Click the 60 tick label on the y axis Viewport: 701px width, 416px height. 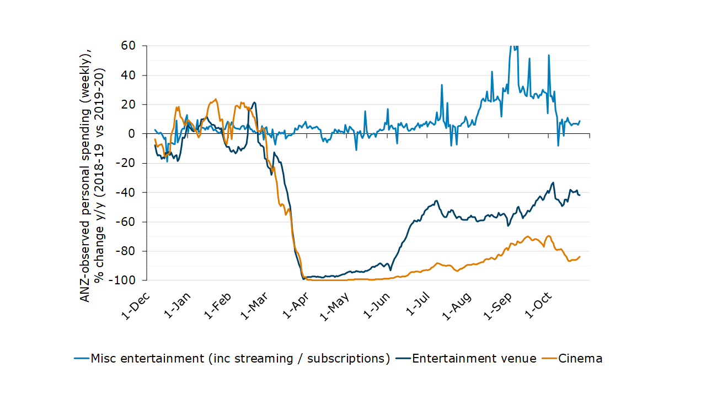point(127,45)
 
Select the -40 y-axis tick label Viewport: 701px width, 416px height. point(125,192)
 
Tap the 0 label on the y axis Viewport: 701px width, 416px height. point(131,133)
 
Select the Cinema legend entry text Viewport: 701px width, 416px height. point(580,359)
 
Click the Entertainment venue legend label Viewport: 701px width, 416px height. point(474,359)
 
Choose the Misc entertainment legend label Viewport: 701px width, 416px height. point(240,359)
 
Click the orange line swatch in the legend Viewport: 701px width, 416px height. point(549,359)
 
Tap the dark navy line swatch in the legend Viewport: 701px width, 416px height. point(403,359)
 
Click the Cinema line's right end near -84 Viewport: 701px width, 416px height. point(580,256)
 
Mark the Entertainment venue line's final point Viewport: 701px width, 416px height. point(580,195)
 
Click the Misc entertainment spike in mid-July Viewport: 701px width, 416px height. point(442,85)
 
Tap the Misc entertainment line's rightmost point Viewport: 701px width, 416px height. point(580,121)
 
